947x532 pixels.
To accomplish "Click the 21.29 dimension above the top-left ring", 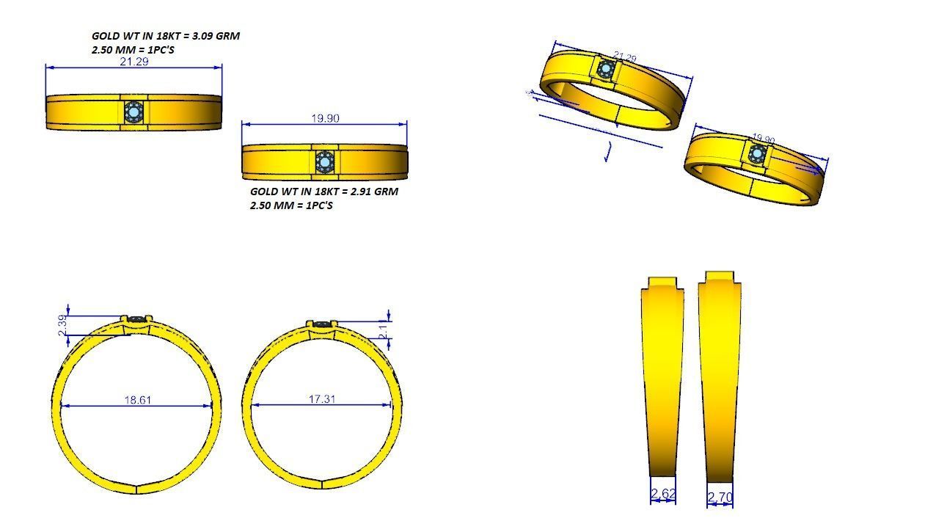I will pos(134,62).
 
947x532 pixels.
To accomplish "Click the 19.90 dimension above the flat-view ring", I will pos(325,118).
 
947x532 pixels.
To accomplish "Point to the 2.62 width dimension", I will pos(662,494).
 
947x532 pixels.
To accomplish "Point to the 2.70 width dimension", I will pos(720,498).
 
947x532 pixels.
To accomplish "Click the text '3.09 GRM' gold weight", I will pos(216,35).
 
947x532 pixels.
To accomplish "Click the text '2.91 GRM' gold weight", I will pos(375,191).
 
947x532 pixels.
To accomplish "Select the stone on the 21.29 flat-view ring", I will pos(134,112).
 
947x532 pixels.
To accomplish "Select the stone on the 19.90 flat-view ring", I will pos(324,161).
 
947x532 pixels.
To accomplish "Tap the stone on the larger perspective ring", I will pos(605,70).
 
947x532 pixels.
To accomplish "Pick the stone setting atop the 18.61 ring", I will pos(137,319).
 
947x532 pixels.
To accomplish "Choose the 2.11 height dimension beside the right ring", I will pos(383,332).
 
